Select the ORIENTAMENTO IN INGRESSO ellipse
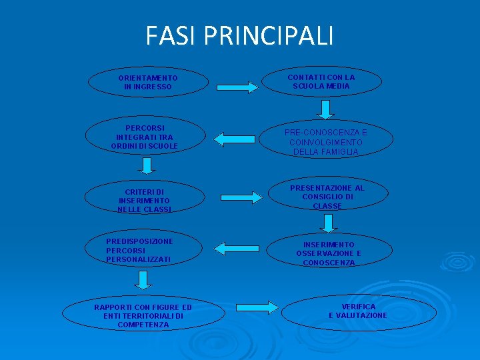(147, 82)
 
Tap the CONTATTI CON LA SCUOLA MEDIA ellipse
(321, 81)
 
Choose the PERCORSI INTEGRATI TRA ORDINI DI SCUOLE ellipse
(145, 137)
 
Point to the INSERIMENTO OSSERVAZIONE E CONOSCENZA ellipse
(329, 253)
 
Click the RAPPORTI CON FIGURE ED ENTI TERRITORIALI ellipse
(143, 315)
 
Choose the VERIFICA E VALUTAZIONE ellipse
(359, 311)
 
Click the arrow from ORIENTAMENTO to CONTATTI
(237, 87)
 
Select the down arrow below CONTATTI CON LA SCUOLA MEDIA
(326, 109)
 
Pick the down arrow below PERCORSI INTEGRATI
(148, 165)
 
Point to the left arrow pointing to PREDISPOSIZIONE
(237, 249)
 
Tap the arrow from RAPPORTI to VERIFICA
(257, 307)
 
